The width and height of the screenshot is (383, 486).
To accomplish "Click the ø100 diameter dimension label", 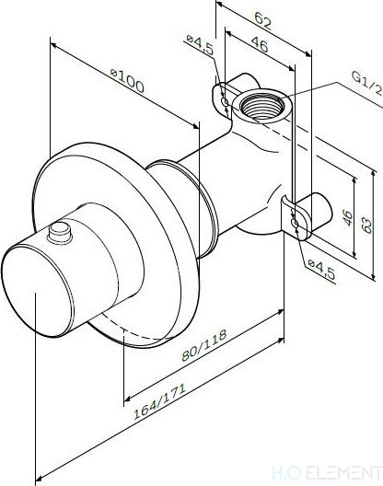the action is pyautogui.click(x=128, y=80).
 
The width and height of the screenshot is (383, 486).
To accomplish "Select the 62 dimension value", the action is pyautogui.click(x=263, y=21).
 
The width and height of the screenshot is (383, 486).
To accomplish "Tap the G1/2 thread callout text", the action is pyautogui.click(x=366, y=83).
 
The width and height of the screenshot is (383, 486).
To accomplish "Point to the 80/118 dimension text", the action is pyautogui.click(x=204, y=345).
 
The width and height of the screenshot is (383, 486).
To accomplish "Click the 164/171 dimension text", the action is pyautogui.click(x=159, y=401).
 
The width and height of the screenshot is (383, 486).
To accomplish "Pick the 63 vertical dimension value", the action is pyautogui.click(x=366, y=226).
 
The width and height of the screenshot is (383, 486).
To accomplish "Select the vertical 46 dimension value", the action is pyautogui.click(x=347, y=218).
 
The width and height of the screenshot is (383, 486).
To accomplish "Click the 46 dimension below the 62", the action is pyautogui.click(x=260, y=44).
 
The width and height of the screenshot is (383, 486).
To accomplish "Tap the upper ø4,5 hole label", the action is pyautogui.click(x=201, y=44).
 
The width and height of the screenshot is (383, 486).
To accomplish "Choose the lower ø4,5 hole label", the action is pyautogui.click(x=321, y=270).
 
